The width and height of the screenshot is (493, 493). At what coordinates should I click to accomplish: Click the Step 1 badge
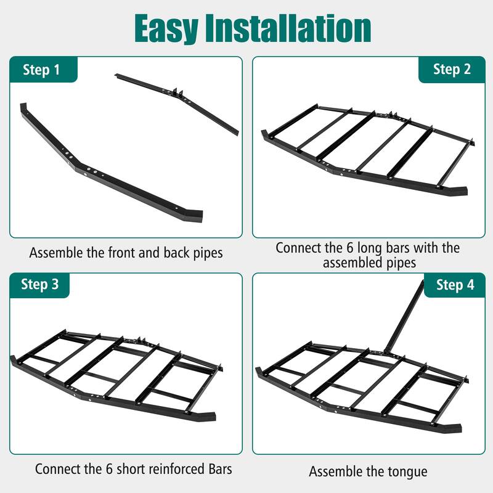(42, 70)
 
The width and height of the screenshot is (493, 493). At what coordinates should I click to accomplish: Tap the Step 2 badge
(451, 70)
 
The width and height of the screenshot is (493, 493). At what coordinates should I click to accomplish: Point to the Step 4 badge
(455, 285)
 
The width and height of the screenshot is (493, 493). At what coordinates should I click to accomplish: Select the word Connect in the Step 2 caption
(300, 248)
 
